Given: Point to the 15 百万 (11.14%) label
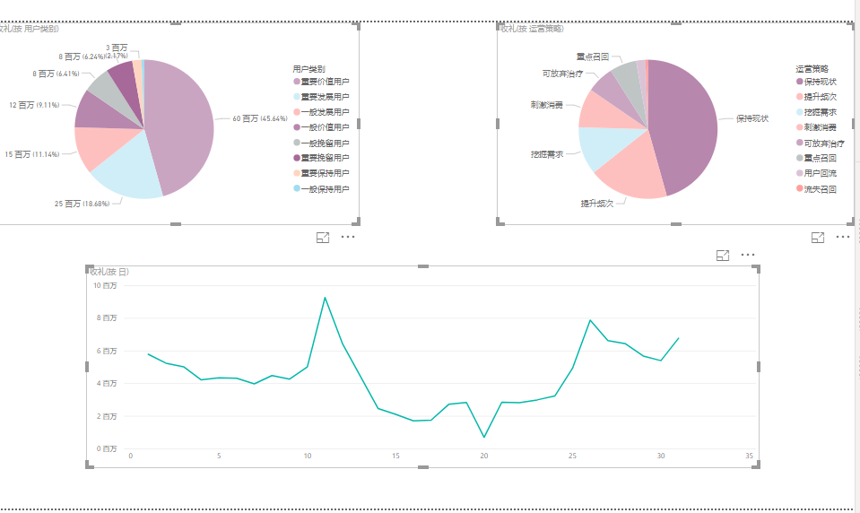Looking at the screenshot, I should (x=32, y=154).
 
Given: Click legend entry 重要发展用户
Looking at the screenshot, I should (x=325, y=97).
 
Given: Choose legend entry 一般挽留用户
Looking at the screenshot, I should (x=325, y=143).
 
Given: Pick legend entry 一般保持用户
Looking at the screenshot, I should (x=325, y=188).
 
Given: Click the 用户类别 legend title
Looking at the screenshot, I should (x=309, y=69).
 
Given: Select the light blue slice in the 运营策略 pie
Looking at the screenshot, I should (x=597, y=147).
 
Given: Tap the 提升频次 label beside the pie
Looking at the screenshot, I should (x=596, y=204).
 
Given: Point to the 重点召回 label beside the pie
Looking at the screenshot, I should (x=592, y=57).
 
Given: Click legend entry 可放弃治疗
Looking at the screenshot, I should (x=823, y=143).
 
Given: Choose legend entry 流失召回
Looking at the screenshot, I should (x=820, y=188).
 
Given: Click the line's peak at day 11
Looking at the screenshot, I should (x=325, y=298).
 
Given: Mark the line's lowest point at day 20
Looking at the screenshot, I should (x=484, y=438).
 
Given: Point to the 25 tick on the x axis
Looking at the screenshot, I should (x=572, y=456).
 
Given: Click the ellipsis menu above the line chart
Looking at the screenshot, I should (x=748, y=256).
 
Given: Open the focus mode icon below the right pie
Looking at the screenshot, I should (x=818, y=237).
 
